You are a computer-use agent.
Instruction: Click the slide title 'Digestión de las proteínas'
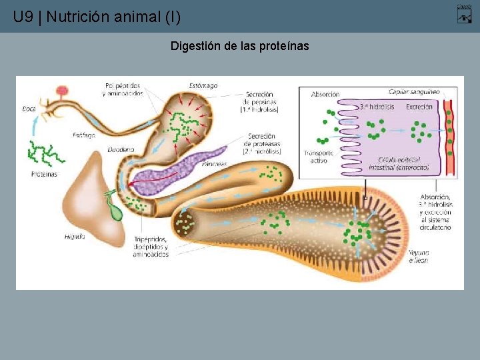coord(239,46)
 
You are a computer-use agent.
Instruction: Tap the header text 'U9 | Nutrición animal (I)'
coord(97,17)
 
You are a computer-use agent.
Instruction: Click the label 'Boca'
coord(29,108)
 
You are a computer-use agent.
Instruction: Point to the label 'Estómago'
coord(203,86)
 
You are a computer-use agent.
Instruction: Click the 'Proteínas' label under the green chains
coord(44,174)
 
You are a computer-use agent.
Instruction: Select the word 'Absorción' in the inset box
coord(325,95)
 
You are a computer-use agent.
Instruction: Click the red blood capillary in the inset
coord(449,133)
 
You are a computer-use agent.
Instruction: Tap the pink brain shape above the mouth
coord(63,91)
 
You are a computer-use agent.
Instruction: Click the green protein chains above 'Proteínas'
coord(44,153)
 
